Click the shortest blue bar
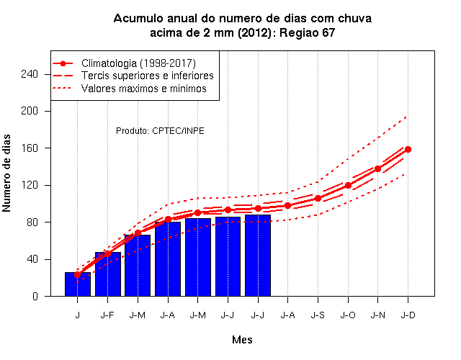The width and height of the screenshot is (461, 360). point(78,284)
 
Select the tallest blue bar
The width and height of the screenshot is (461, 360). point(258,256)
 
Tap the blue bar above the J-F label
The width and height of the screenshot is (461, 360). point(108,274)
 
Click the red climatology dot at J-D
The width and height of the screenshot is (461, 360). point(408,149)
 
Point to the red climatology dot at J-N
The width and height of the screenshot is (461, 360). point(377,168)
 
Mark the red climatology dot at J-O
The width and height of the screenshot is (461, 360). point(348,186)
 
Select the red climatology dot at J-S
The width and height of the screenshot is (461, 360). point(318,199)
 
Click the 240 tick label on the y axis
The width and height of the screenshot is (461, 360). point(30,74)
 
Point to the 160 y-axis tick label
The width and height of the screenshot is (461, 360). point(30,148)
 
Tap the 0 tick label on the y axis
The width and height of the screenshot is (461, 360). point(35,296)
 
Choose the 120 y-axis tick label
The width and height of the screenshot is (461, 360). point(30,185)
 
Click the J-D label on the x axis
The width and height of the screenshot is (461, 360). point(408,315)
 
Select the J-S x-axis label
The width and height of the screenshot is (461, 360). point(318,315)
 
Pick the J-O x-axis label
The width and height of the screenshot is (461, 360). point(348,315)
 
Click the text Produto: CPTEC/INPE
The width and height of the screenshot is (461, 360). point(160,131)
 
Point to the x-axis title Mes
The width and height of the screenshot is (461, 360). point(242,340)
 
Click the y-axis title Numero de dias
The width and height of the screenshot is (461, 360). point(6,173)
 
